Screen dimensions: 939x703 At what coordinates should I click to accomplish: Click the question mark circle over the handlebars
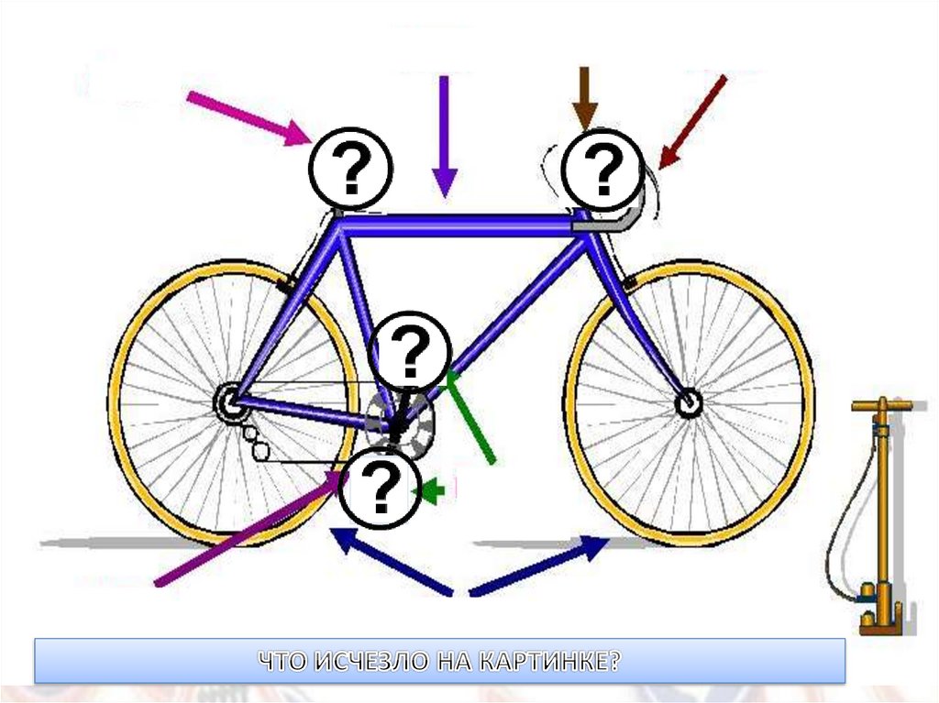point(602,170)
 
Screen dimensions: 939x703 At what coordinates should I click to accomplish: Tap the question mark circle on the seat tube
point(413,350)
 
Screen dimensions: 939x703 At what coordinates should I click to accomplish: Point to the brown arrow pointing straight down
point(584,97)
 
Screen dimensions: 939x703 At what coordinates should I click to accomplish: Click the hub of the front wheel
point(687,402)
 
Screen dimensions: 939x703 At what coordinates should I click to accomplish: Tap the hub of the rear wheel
point(226,401)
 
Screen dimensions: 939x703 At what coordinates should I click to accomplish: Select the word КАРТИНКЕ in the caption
point(549,662)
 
